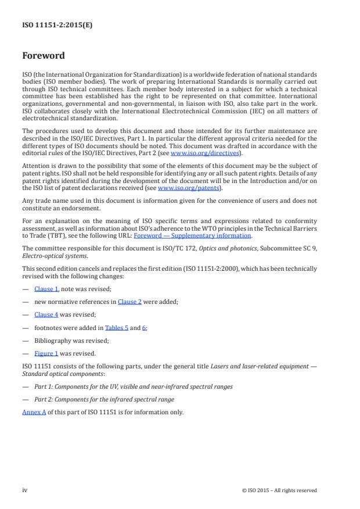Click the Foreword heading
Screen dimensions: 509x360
(x=43, y=56)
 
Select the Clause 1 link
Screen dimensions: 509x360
(x=46, y=289)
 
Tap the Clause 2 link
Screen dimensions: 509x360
(x=129, y=302)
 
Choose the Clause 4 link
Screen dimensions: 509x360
(x=46, y=314)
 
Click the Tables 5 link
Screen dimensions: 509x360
(x=116, y=328)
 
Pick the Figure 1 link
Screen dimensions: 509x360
(x=46, y=353)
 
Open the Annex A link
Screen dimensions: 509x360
(x=34, y=412)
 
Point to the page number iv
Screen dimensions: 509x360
(x=25, y=490)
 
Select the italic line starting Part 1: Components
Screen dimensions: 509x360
(x=133, y=386)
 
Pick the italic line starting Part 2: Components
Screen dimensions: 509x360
(x=104, y=399)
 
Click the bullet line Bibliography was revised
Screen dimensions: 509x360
(x=71, y=340)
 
